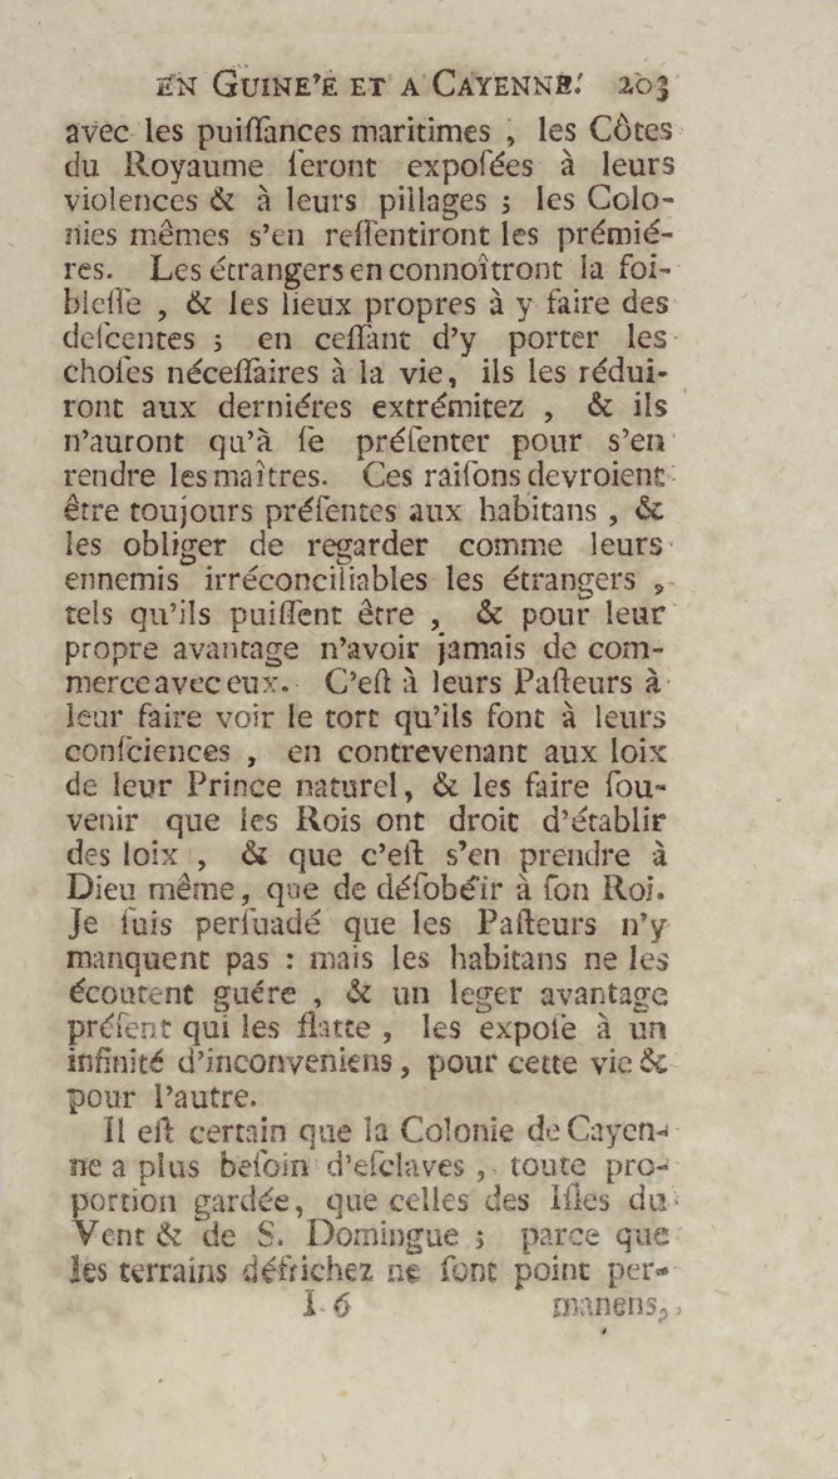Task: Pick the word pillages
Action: [432, 201]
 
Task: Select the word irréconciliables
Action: [317, 579]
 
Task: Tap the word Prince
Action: [236, 786]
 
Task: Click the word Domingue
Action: [392, 1235]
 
